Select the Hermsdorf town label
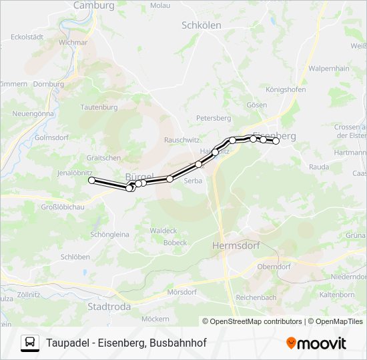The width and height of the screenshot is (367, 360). click(x=234, y=245)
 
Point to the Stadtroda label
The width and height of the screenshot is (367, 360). click(x=109, y=307)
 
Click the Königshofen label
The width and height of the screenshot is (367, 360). click(x=286, y=89)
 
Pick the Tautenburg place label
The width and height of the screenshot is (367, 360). click(x=99, y=107)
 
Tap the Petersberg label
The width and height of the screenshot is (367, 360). click(x=213, y=118)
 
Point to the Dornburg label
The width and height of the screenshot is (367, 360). click(x=48, y=85)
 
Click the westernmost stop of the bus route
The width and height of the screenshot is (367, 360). click(x=92, y=180)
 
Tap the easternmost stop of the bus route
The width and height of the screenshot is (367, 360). click(x=276, y=141)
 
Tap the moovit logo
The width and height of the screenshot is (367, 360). click(x=316, y=343)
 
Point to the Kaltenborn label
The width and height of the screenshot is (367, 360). click(x=337, y=294)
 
